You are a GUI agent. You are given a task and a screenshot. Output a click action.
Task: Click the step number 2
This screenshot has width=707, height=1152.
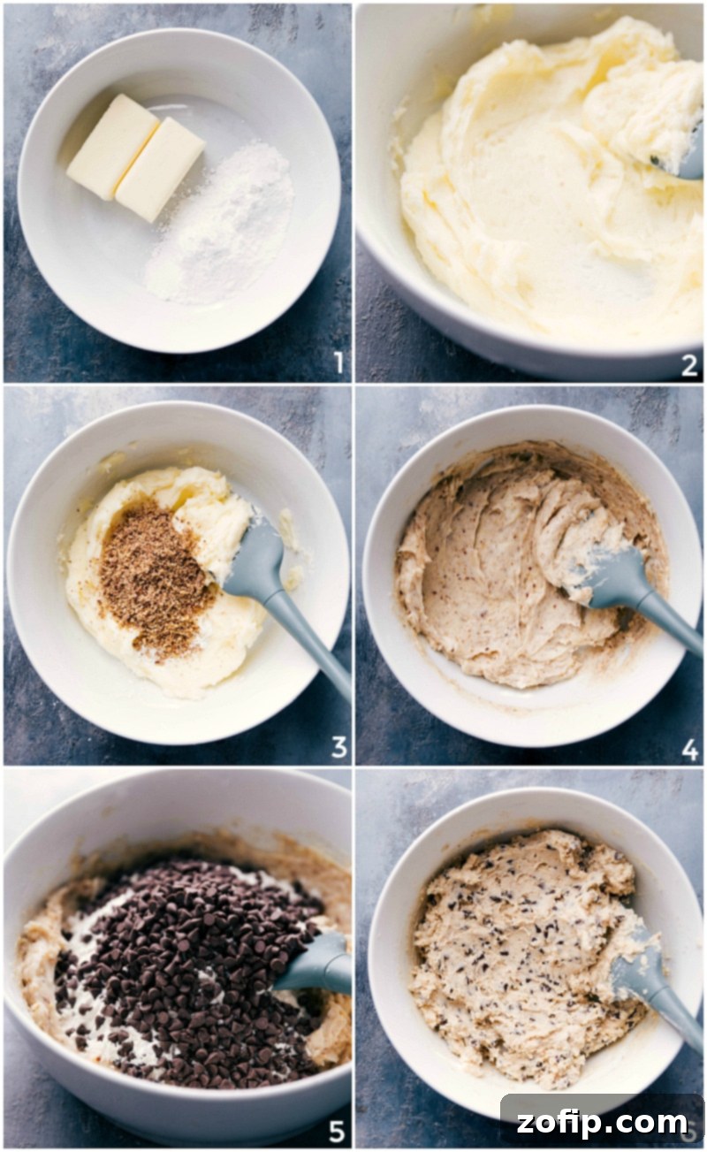click(x=688, y=365)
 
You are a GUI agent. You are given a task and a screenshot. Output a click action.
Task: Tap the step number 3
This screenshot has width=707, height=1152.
click(x=338, y=747)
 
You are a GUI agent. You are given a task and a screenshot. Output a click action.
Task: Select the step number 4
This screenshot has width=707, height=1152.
click(x=689, y=750)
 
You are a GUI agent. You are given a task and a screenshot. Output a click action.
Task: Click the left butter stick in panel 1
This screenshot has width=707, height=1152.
click(x=112, y=146)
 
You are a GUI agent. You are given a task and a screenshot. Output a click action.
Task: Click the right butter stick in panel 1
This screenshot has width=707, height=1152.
click(x=160, y=169)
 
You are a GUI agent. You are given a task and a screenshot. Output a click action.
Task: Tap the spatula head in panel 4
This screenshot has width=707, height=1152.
click(x=610, y=579)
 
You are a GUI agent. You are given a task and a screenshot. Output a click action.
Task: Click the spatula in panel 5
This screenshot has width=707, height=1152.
click(x=318, y=964)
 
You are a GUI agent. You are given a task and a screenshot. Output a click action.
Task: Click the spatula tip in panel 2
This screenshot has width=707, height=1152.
click(x=690, y=159)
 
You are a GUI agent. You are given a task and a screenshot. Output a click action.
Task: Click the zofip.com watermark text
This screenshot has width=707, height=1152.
click(x=601, y=1123)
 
